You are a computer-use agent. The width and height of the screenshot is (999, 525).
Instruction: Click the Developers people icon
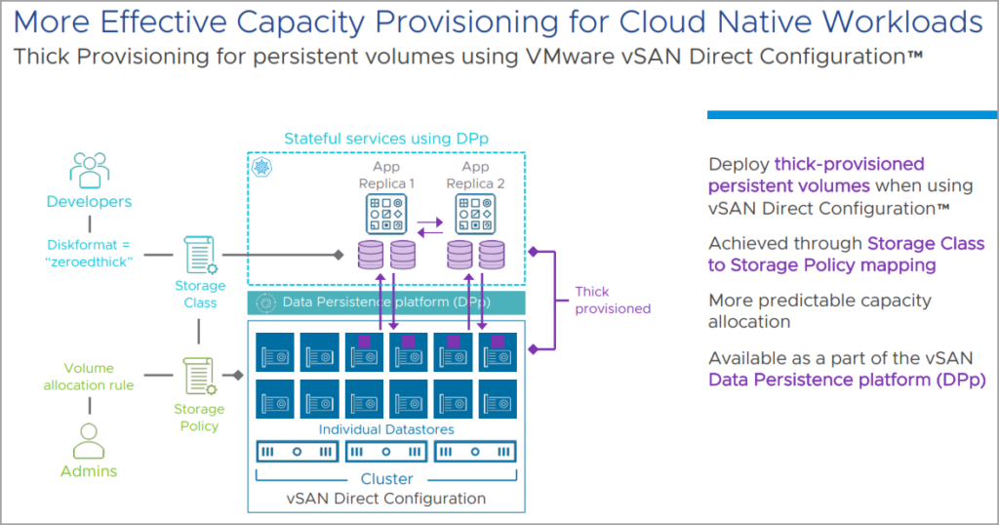click(x=89, y=170)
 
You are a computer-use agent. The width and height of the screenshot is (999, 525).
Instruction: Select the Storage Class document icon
click(x=200, y=256)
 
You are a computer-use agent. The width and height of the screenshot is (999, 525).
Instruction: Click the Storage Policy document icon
click(x=200, y=376)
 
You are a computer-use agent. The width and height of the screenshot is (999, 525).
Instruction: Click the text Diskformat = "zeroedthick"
click(x=89, y=254)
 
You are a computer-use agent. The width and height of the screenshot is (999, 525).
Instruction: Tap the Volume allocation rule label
click(x=89, y=377)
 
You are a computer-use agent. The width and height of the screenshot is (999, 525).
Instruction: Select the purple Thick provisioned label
click(x=612, y=300)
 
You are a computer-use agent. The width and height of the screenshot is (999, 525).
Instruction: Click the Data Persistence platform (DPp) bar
click(x=385, y=303)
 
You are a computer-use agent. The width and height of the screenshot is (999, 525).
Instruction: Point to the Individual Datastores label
click(x=385, y=429)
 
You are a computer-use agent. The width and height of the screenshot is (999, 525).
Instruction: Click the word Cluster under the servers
click(x=386, y=478)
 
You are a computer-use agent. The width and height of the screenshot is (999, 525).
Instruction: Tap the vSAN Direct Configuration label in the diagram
click(x=386, y=498)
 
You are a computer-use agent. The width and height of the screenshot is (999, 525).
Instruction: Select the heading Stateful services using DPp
click(x=385, y=139)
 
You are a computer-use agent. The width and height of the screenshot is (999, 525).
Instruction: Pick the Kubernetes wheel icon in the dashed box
click(x=261, y=167)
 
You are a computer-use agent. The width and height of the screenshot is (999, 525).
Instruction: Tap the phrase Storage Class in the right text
click(x=925, y=243)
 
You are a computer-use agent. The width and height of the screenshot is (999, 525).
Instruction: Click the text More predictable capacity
click(x=819, y=301)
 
